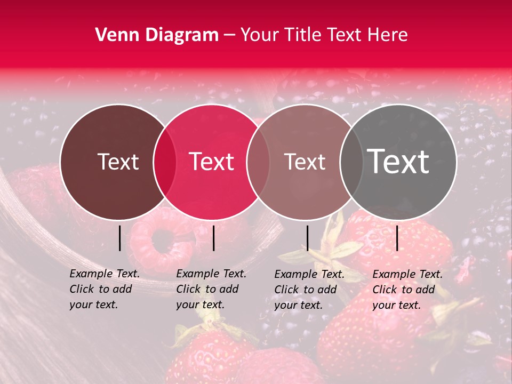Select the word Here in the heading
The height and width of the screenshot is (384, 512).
pos(389,35)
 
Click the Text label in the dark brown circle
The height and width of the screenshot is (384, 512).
pos(118,162)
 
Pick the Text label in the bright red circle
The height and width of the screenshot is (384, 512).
pos(212,162)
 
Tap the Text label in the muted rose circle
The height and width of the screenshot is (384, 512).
pos(305,162)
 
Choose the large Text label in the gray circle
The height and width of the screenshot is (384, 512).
pos(398,161)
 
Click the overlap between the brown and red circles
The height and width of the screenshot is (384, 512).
pos(165,162)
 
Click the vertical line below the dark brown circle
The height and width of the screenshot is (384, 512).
pos(119,238)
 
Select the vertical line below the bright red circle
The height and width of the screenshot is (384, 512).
pos(213,238)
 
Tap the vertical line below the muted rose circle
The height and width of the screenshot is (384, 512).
pos(307,238)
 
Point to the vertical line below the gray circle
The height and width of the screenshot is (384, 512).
pos(397,238)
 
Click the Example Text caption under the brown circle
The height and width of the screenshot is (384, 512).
pos(104,289)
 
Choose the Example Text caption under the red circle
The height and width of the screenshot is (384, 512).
pos(211,289)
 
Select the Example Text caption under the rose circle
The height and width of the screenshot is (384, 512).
pos(309,289)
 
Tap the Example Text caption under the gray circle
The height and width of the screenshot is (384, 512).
pos(407,289)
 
